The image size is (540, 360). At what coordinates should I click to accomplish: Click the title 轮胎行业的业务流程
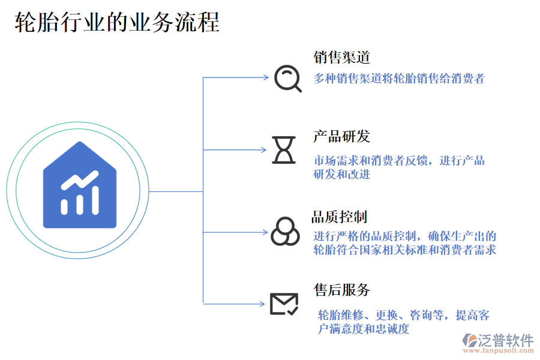pos(117,22)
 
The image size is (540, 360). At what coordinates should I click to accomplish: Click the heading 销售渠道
pos(341,58)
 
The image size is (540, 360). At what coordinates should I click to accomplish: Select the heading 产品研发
pos(341,136)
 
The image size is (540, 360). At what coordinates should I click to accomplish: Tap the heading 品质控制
pos(339,217)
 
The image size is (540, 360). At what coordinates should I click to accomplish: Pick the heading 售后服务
pos(341,290)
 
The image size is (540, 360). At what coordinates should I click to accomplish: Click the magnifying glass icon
pos(287,78)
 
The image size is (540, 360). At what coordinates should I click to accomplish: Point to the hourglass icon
pos(284,149)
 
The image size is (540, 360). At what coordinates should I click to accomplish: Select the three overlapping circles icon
pos(285,231)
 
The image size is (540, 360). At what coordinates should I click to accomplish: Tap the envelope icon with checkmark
pos(284,304)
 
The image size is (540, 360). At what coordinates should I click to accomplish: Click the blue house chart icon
pos(80,185)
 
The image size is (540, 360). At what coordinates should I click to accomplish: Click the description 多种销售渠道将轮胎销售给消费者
pos(398,78)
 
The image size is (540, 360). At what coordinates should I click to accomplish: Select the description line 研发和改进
pos(341,175)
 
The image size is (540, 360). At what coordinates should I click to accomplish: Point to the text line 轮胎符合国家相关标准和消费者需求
pos(404,250)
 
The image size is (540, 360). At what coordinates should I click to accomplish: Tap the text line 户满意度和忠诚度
pos(364,329)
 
